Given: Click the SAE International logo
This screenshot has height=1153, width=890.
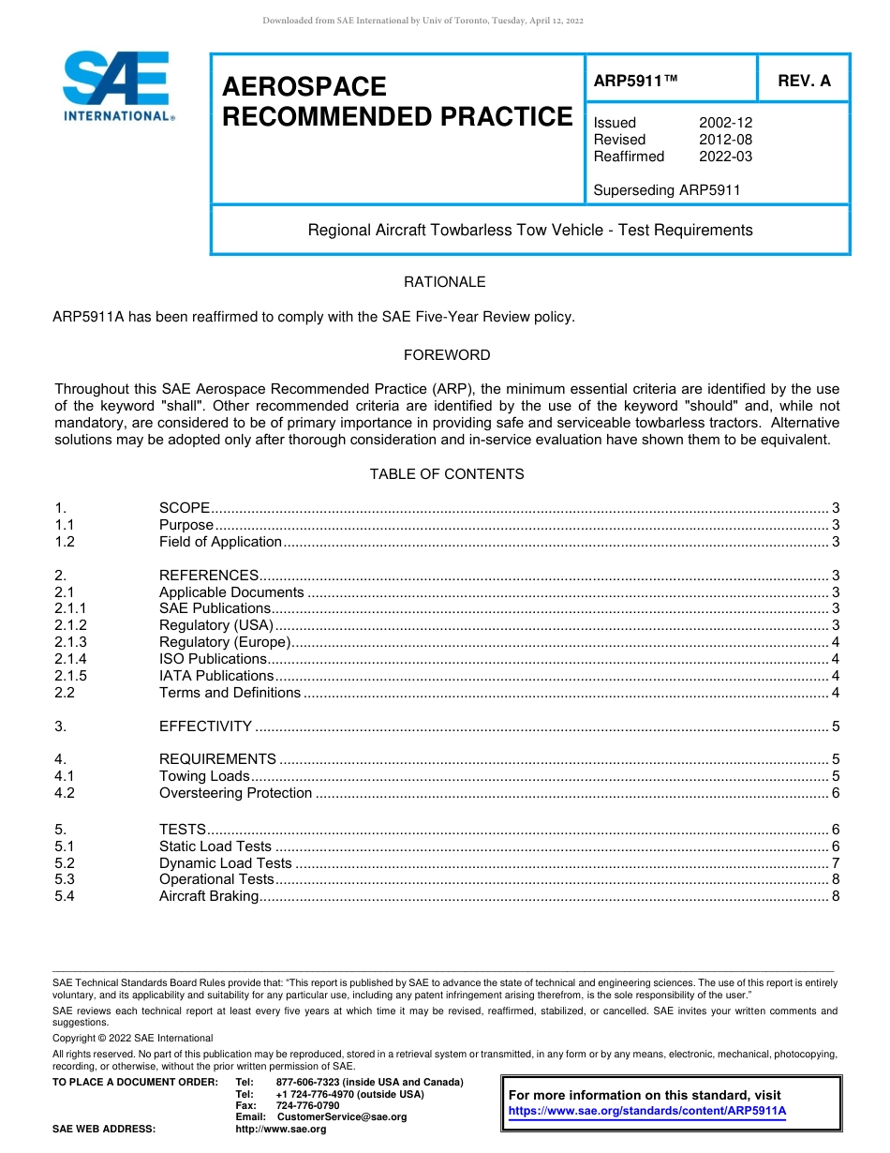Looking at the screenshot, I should click(x=117, y=86).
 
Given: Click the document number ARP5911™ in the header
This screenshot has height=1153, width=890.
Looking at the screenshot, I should click(x=635, y=82).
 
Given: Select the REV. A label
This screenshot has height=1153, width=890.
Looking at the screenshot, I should click(x=804, y=82).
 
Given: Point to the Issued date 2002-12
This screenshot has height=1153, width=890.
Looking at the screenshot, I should click(x=725, y=123).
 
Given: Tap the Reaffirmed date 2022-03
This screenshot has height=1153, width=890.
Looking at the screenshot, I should click(x=725, y=157).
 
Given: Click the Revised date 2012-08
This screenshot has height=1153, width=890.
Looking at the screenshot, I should click(x=725, y=140).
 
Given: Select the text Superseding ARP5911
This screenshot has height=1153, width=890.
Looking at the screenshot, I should click(x=667, y=190).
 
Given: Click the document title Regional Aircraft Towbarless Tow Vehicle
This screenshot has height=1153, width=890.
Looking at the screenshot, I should click(x=530, y=230).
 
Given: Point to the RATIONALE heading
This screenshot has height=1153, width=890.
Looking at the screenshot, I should click(x=445, y=282).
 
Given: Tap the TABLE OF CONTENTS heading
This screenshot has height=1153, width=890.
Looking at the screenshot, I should click(x=447, y=474).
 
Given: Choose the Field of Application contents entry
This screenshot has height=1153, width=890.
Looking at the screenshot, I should click(x=220, y=542).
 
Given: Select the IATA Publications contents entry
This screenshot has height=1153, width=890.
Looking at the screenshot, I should click(x=216, y=676).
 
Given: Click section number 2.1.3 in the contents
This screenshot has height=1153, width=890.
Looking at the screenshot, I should click(x=70, y=642).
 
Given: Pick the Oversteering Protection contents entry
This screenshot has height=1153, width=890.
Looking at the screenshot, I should click(x=235, y=793).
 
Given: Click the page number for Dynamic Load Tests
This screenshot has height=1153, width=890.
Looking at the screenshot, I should click(x=835, y=863).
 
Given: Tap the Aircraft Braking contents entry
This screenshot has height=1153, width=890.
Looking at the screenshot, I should click(x=208, y=896).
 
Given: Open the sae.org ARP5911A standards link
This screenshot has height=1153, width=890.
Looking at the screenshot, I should click(x=646, y=1111).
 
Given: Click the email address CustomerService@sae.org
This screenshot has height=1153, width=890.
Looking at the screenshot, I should click(x=342, y=1117).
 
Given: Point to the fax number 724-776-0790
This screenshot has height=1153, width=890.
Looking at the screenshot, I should click(x=308, y=1106).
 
